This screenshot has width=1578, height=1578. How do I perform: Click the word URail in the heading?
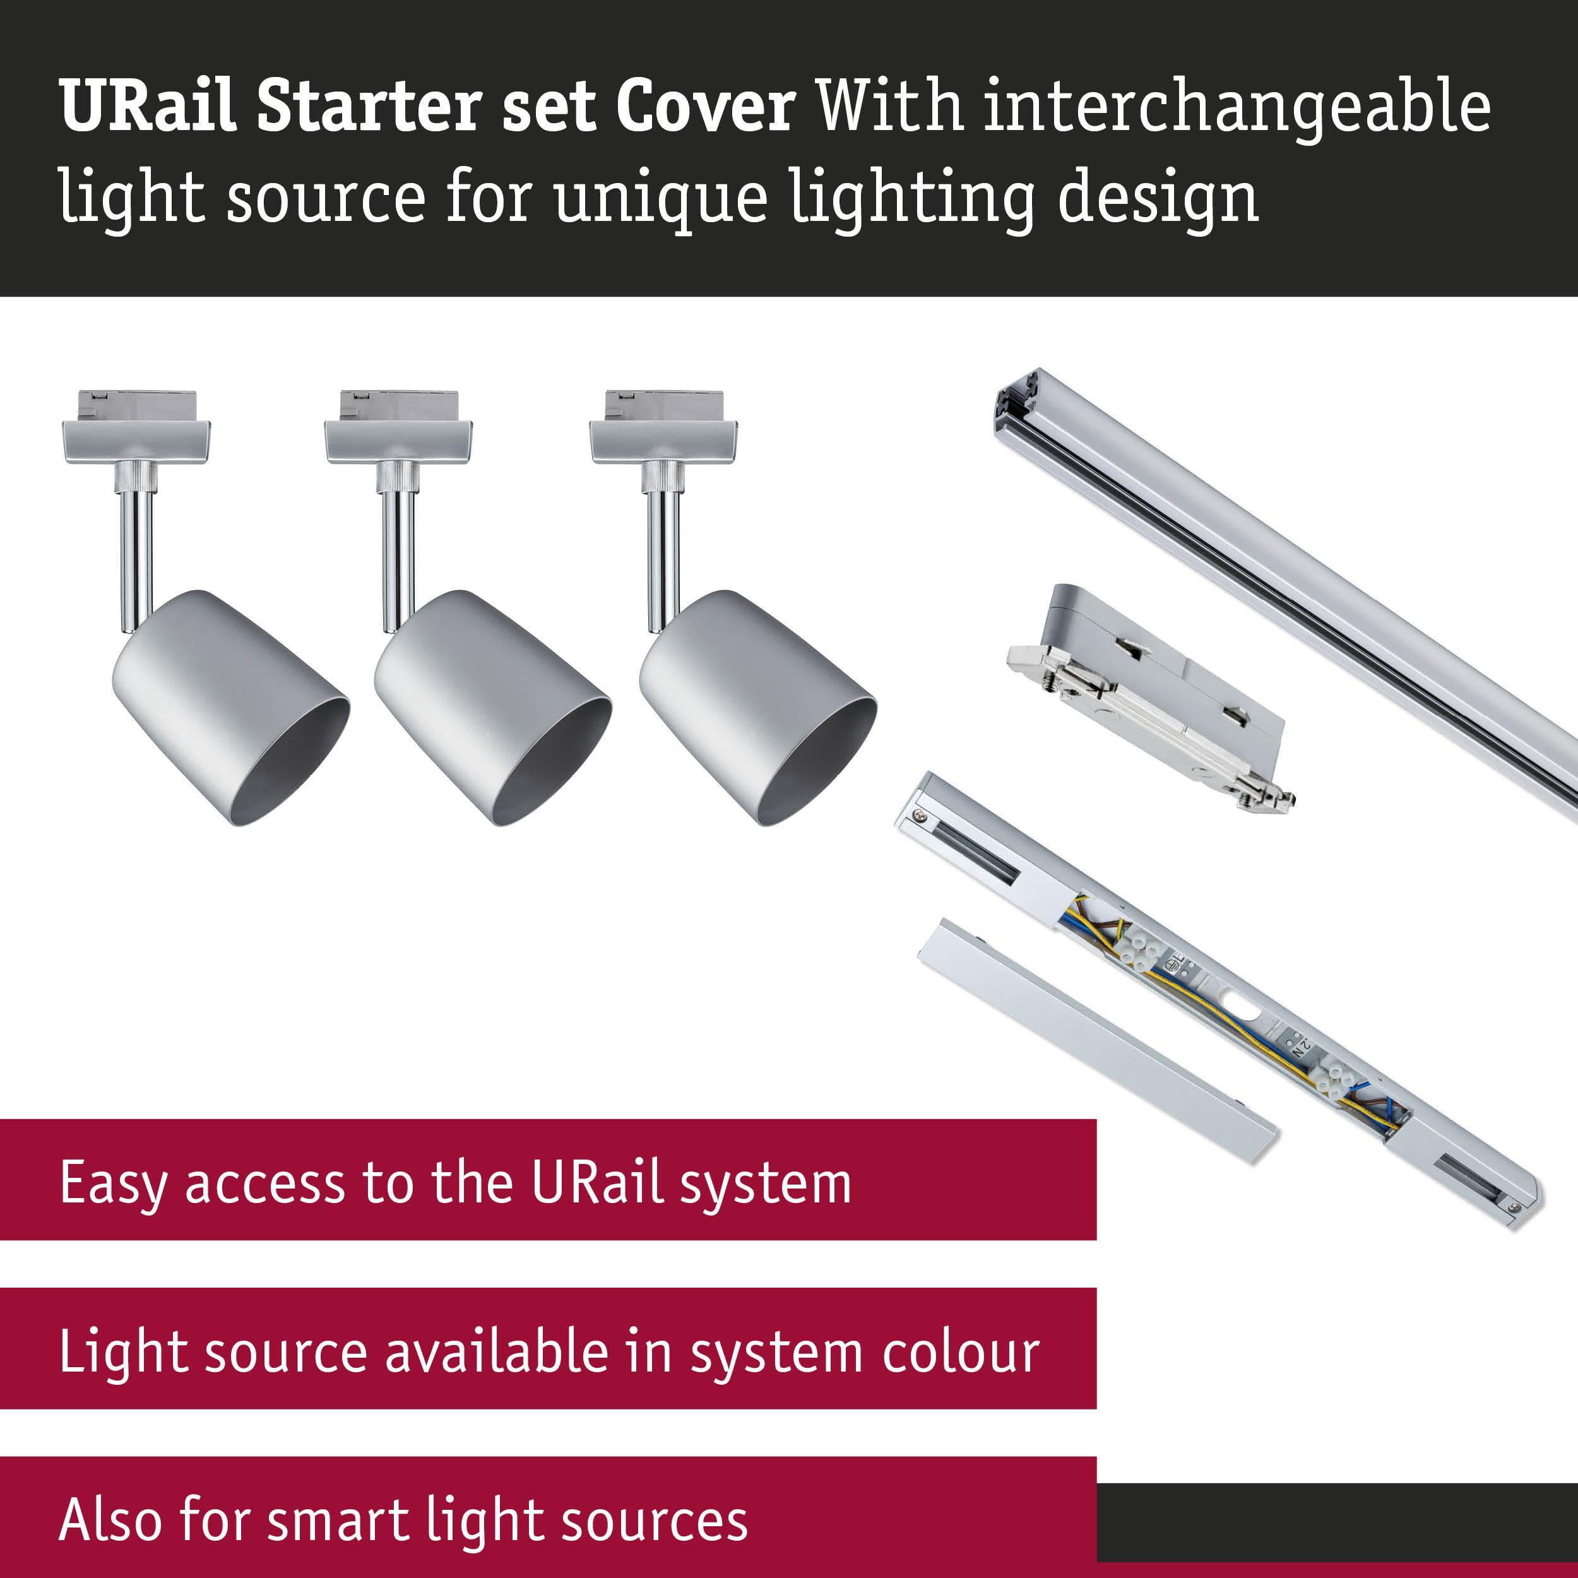(x=148, y=106)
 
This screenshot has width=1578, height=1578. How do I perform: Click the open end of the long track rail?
(x=1017, y=405)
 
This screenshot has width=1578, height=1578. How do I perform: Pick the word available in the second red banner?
(x=497, y=1353)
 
